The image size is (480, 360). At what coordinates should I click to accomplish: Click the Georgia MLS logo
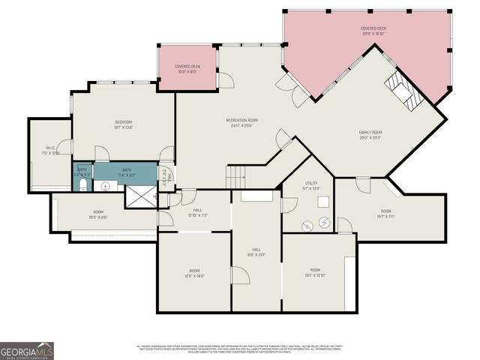tap(27, 350)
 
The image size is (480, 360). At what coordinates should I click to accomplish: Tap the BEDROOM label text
tap(124, 122)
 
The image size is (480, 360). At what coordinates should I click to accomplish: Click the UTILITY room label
tap(311, 183)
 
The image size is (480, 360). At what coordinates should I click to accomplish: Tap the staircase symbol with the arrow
tap(237, 178)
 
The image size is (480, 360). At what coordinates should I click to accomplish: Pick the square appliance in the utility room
tap(324, 201)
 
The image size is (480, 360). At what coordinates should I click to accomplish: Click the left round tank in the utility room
tap(307, 224)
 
